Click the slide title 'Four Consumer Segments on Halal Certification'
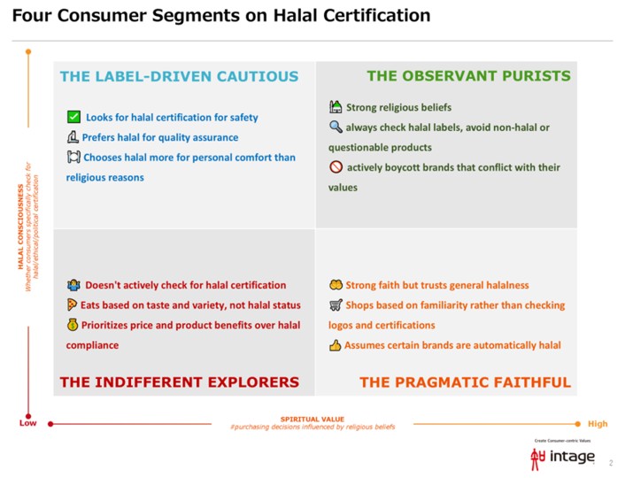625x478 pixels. tap(221, 16)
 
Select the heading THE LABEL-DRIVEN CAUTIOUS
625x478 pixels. tap(179, 76)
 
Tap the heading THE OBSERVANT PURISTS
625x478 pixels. tap(468, 76)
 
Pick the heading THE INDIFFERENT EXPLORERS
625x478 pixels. tap(179, 382)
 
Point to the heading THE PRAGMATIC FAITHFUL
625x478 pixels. tap(465, 382)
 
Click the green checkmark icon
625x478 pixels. tap(74, 117)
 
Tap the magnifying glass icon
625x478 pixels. tap(336, 127)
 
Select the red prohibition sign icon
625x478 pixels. tap(336, 167)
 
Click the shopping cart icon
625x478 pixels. tap(336, 305)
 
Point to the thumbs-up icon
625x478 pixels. tap(336, 345)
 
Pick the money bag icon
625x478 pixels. tap(73, 325)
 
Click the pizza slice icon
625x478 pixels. tap(73, 305)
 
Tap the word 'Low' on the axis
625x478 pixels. tap(28, 423)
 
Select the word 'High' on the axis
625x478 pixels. tap(598, 424)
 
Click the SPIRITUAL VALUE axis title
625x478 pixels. tap(312, 419)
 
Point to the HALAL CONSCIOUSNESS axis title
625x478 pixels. tap(20, 226)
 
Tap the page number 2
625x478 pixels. tap(610, 463)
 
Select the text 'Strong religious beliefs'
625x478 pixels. tap(386, 108)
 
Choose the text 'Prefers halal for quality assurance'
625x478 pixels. tap(159, 137)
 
